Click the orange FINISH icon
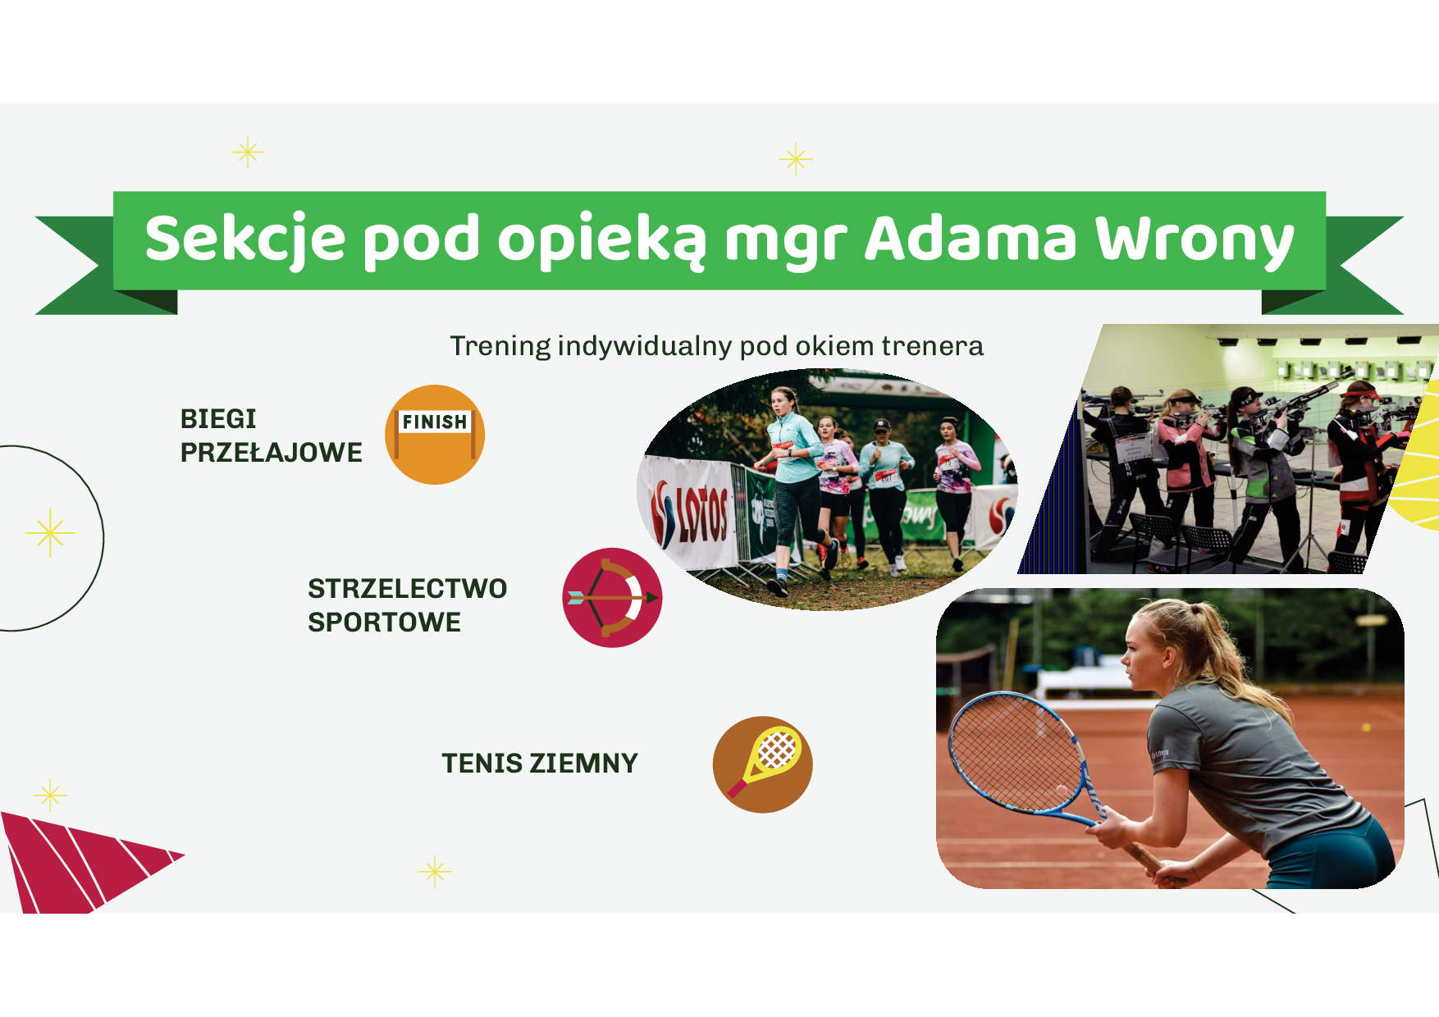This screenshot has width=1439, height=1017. click(435, 435)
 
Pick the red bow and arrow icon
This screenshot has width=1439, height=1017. click(612, 598)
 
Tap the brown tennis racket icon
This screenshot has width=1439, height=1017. click(762, 765)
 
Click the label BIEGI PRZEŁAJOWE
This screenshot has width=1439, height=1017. click(271, 436)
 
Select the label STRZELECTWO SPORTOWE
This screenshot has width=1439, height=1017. click(407, 605)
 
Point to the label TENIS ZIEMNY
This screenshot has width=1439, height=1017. click(540, 764)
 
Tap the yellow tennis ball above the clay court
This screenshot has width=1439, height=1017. click(1366, 727)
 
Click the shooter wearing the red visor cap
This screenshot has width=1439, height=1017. click(1366, 476)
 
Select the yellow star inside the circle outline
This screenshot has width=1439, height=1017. click(50, 533)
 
